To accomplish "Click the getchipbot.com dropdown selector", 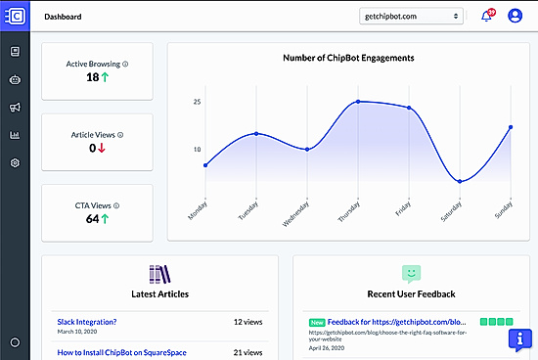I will point(412,17).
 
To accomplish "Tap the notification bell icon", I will point(486,17).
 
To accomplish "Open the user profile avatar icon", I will point(516,17).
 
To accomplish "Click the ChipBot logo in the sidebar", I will point(15,17).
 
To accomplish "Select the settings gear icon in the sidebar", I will point(15,162).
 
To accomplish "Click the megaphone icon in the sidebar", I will point(15,107).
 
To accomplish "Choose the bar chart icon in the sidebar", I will point(15,135).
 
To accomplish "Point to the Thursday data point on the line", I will point(358,102).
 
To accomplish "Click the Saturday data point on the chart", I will point(460,181).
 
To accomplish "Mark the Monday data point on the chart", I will point(205,165).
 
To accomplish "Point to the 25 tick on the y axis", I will point(197,102).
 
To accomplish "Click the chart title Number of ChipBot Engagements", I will point(349,58).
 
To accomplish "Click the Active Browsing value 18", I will point(92,77).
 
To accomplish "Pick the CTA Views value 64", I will point(92,219).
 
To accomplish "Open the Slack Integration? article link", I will point(87,321).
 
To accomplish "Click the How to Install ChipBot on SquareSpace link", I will point(121,352).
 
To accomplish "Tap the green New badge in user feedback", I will point(316,321).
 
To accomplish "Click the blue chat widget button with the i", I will point(518,339).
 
